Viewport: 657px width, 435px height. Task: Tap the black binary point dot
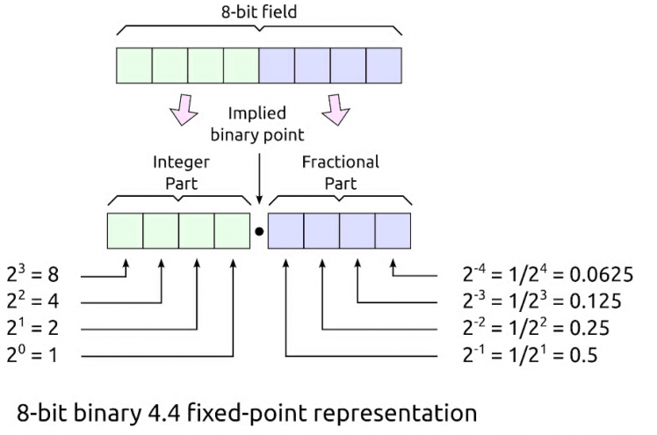click(258, 232)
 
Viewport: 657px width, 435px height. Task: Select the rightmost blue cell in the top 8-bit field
click(383, 65)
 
